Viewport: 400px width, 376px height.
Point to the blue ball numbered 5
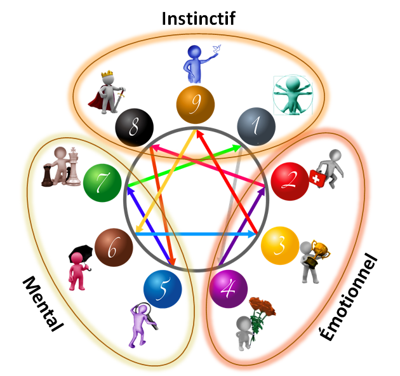click(x=162, y=289)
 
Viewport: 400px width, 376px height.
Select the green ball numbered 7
click(x=102, y=181)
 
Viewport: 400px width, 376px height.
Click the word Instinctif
click(x=198, y=18)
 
